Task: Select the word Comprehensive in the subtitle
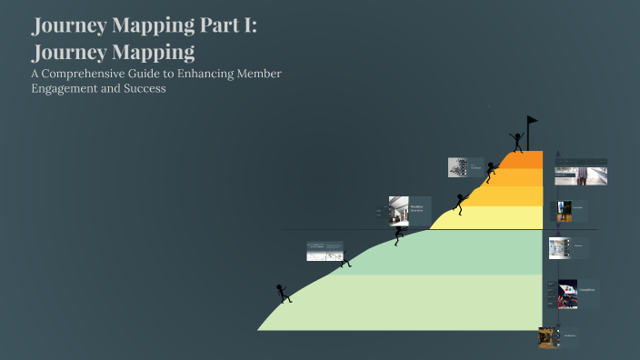[97, 73]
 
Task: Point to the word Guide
[170, 73]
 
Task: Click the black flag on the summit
[532, 121]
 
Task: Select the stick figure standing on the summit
[517, 141]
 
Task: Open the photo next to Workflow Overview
[398, 212]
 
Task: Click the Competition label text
[587, 290]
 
